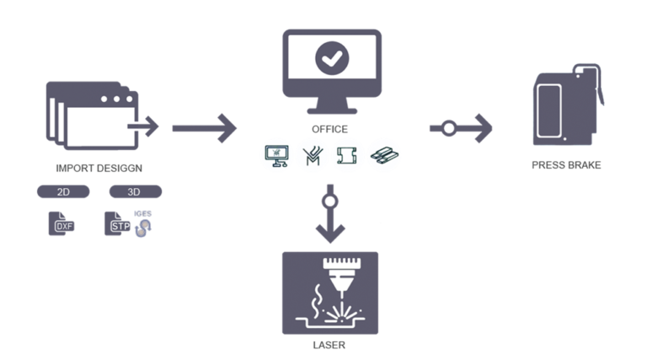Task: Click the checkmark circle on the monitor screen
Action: coord(330,59)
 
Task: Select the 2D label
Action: coord(63,192)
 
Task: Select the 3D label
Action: coord(132,192)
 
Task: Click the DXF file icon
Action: coord(64,226)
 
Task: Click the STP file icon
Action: coord(123,225)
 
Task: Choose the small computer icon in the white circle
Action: coord(276,155)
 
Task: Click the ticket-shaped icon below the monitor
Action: coord(347,155)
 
